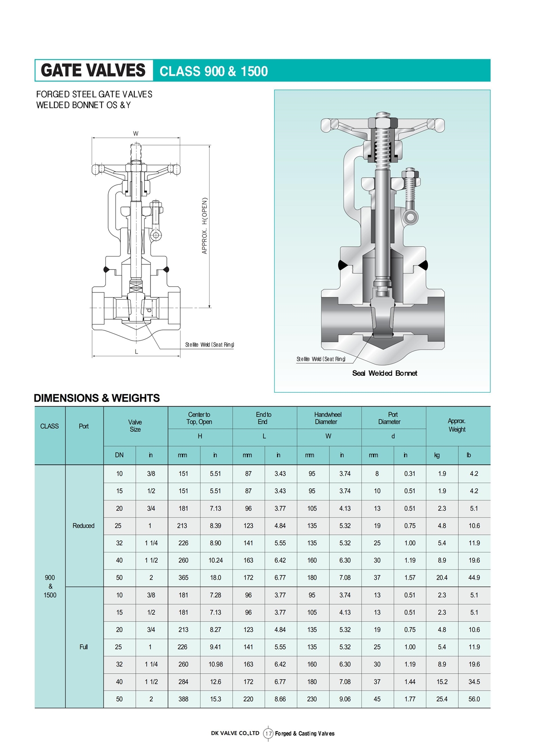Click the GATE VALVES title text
[93, 70]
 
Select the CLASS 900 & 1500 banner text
[214, 71]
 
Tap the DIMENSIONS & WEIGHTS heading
[97, 398]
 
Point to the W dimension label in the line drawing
[136, 134]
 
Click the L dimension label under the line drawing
[136, 352]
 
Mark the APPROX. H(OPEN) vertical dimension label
[204, 226]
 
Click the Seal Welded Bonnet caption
[384, 373]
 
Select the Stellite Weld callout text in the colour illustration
[321, 359]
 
